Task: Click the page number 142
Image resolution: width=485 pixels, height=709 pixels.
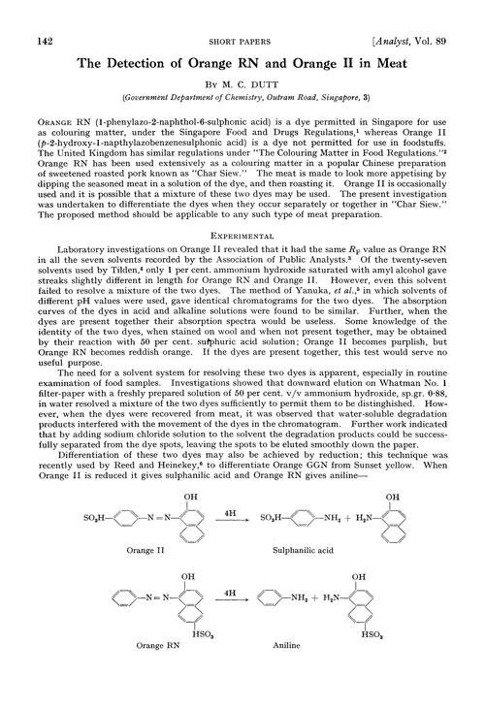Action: coord(42,13)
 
